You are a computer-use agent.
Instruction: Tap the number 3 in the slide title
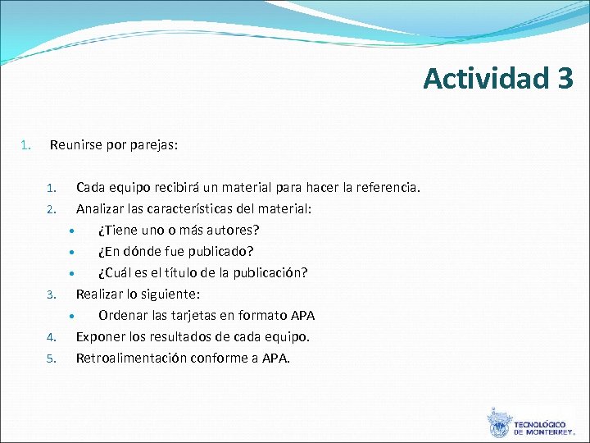564,78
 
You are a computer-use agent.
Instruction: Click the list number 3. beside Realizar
50,295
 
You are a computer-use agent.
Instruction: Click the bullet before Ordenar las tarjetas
72,316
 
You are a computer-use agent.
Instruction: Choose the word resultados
187,336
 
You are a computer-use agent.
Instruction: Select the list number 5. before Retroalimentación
50,359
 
